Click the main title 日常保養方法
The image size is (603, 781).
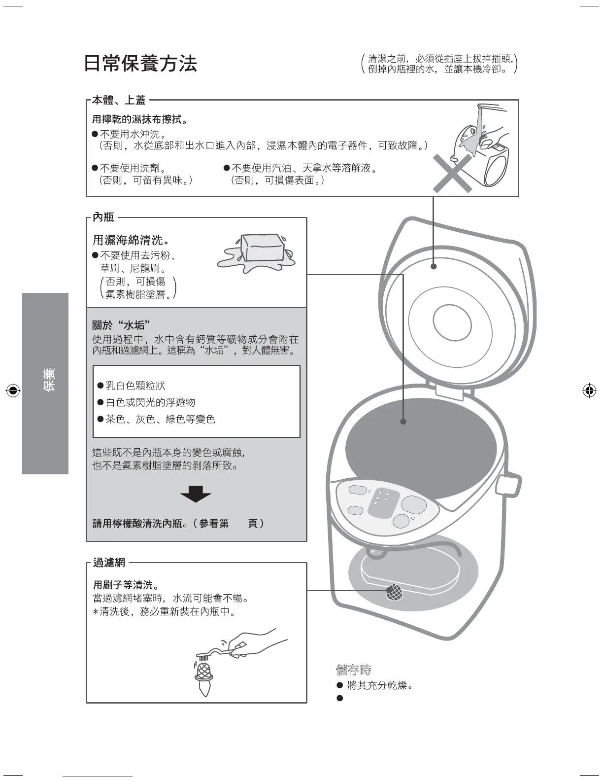pos(140,64)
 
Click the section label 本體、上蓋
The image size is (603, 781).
pos(119,100)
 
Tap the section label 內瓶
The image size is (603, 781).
pos(103,217)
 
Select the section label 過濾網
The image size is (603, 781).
pos(109,562)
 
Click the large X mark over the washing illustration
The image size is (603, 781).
pos(452,172)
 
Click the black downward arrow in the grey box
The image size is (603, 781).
pos(196,494)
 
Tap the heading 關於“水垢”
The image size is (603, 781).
pos(121,325)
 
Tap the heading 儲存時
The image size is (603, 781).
pos(353,670)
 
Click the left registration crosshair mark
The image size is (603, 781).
pos(13,390)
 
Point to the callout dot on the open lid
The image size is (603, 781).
pos(434,266)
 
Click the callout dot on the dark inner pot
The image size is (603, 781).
pos(403,422)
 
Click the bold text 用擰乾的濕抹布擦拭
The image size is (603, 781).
pos(139,120)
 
